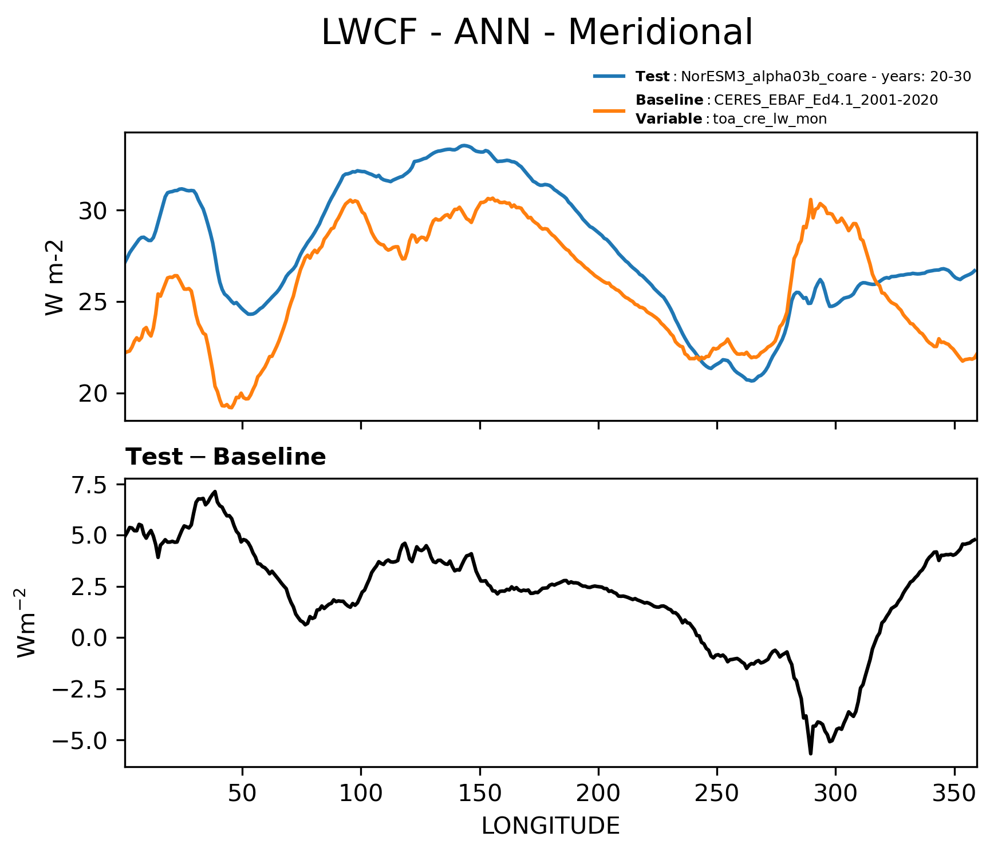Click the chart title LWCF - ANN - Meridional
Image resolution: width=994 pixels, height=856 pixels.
537,33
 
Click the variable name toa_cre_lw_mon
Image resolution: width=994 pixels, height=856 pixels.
770,119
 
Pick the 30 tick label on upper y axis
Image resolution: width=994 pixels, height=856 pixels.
93,211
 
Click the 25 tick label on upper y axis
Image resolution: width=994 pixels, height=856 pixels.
93,302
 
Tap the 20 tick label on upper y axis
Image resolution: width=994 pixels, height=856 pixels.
93,394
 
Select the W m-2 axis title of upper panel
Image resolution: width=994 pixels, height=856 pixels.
55,277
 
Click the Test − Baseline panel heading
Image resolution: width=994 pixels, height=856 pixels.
226,457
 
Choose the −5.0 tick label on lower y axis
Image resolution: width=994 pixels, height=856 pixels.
80,740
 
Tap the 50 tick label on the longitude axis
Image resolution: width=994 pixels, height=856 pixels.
242,794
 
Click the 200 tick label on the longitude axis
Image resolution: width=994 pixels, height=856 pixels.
598,794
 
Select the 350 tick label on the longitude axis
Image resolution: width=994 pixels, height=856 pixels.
954,794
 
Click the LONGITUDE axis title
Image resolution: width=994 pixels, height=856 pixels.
550,826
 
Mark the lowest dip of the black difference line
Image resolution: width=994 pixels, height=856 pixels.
811,754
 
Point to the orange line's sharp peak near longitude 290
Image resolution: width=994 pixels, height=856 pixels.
810,200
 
